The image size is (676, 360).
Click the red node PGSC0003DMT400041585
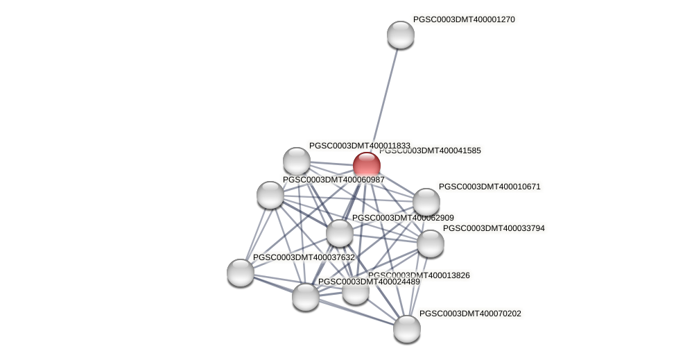(x=367, y=166)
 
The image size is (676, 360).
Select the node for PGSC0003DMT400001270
(x=401, y=35)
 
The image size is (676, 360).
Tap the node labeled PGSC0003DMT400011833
(x=297, y=161)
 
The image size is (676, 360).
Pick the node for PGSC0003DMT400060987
(x=270, y=194)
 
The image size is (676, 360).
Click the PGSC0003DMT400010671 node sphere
(x=426, y=202)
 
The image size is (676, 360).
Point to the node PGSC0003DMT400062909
(x=340, y=233)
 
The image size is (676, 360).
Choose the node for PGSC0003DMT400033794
(x=431, y=243)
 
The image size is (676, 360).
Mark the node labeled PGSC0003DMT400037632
(x=241, y=272)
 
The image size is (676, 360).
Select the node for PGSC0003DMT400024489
(x=306, y=296)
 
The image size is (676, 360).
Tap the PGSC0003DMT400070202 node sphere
(x=407, y=328)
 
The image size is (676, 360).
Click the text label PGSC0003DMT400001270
(x=464, y=19)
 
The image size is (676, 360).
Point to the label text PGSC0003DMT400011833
(x=359, y=146)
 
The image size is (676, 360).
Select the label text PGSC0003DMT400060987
(x=333, y=180)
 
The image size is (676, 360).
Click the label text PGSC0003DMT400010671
(x=489, y=187)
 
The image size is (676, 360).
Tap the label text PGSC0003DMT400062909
(x=403, y=218)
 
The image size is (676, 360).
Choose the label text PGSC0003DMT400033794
(x=494, y=228)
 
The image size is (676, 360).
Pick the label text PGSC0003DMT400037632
(x=304, y=257)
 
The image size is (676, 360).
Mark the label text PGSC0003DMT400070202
(x=470, y=314)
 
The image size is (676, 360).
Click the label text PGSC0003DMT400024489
(x=369, y=282)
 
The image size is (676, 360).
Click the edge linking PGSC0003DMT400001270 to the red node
(x=385, y=97)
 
